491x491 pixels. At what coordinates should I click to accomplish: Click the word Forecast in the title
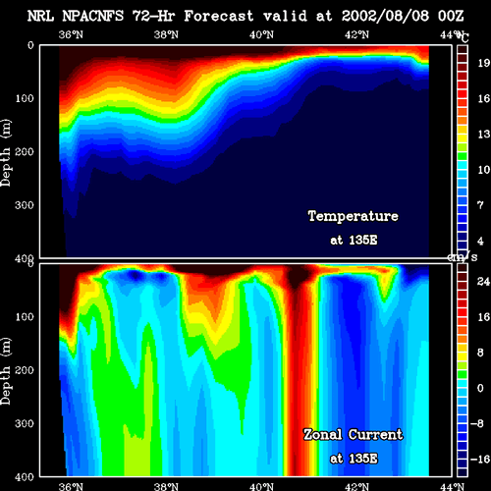[x=219, y=16]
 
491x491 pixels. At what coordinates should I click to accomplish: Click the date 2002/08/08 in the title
[x=385, y=16]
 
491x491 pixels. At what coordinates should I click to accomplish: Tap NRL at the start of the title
[x=40, y=16]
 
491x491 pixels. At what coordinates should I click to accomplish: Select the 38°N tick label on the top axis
[x=166, y=34]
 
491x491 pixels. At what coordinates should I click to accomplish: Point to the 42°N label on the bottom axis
[x=356, y=487]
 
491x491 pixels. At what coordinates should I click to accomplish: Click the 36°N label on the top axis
[x=71, y=34]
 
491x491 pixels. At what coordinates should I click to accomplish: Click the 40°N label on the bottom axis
[x=261, y=487]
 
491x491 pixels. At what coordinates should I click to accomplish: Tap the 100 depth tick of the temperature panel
[x=25, y=98]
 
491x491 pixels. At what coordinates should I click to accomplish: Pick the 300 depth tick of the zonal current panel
[x=25, y=423]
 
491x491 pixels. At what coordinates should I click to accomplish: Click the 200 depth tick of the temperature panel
[x=25, y=152]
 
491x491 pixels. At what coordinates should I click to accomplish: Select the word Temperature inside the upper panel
[x=354, y=216]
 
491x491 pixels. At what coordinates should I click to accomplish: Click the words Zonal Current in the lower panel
[x=354, y=435]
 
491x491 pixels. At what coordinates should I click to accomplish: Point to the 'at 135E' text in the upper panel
[x=354, y=241]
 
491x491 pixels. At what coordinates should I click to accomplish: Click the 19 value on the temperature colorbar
[x=483, y=63]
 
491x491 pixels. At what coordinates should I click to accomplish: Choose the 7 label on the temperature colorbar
[x=480, y=205]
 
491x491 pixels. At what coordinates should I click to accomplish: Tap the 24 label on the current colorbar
[x=483, y=282]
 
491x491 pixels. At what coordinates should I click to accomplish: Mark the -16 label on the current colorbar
[x=480, y=460]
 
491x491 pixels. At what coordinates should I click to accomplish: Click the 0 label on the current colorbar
[x=480, y=388]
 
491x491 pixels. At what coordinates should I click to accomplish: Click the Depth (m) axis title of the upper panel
[x=6, y=153]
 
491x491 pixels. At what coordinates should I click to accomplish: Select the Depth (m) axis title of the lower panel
[x=6, y=371]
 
